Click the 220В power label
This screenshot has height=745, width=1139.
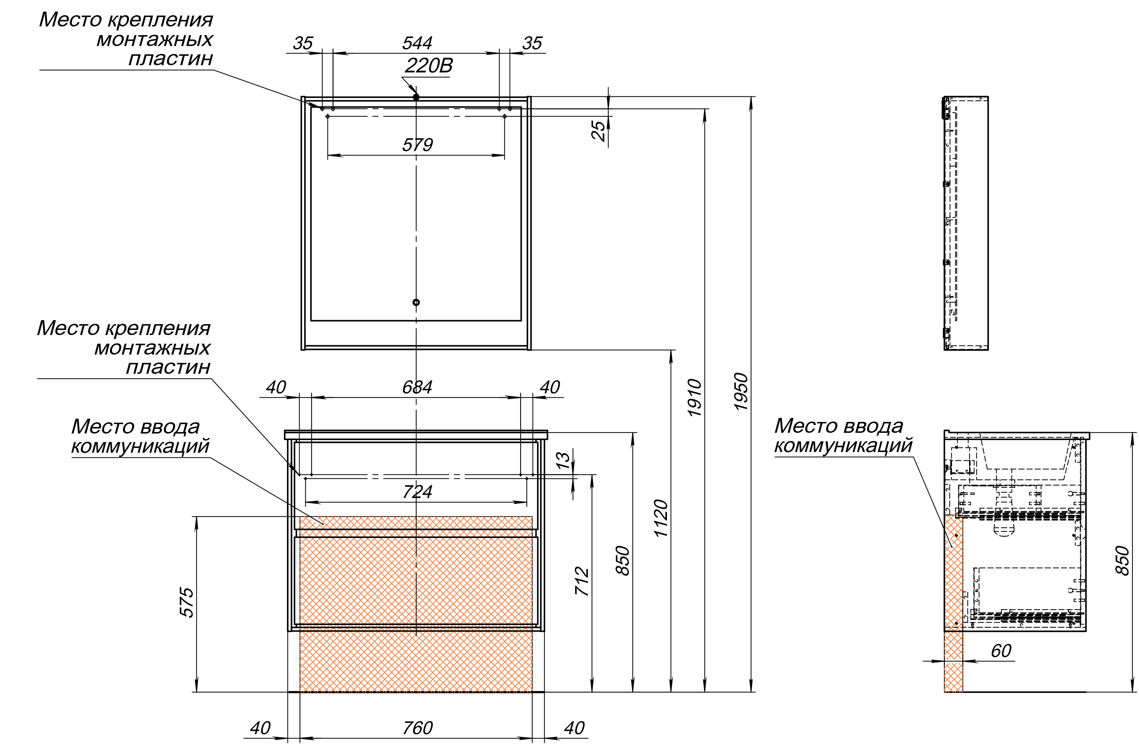428,66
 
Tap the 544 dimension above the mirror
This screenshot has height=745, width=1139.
417,43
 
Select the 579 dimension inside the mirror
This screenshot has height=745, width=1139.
417,145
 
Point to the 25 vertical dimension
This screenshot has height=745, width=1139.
599,130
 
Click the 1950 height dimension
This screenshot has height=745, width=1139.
741,392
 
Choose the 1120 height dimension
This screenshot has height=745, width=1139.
661,518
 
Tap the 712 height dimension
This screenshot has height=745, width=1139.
581,581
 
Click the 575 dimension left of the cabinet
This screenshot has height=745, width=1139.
187,603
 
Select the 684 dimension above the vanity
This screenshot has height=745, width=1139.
417,387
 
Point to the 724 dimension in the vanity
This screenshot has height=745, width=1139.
417,491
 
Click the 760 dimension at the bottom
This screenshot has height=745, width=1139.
417,728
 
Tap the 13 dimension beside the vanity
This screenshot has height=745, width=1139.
564,460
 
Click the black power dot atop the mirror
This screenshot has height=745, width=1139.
416,97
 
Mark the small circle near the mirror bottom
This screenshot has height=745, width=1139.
416,302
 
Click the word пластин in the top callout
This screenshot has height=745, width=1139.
170,59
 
